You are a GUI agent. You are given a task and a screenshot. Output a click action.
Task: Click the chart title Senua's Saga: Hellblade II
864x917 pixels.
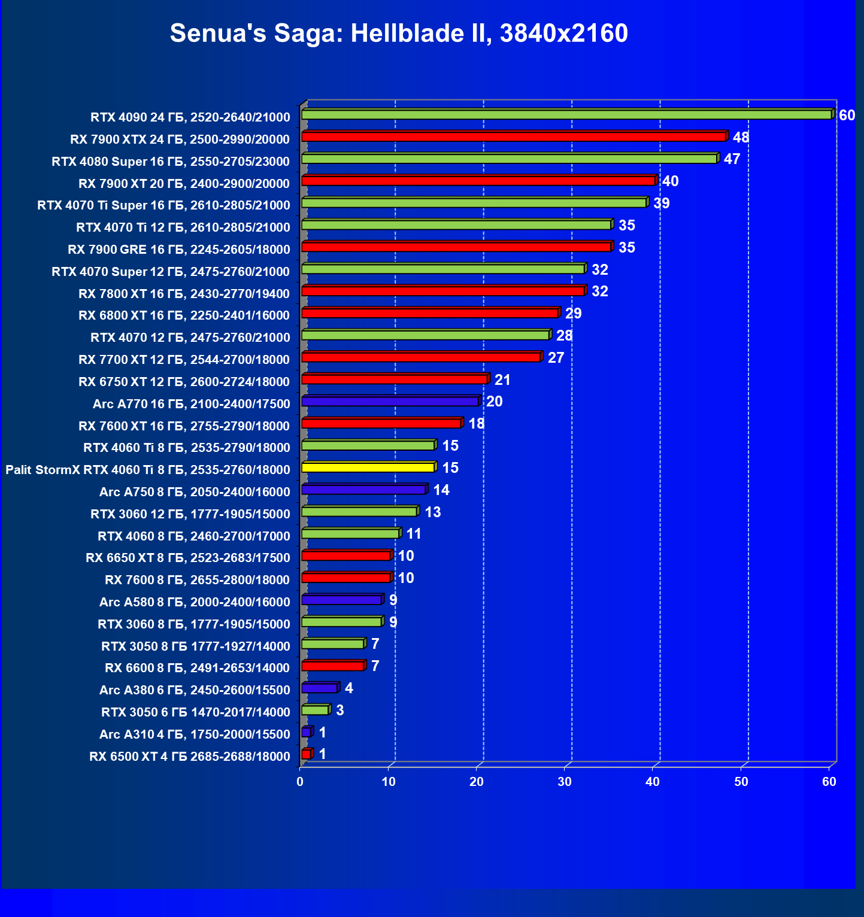[399, 34]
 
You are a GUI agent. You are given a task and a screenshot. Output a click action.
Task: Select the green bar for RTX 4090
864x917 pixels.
[566, 114]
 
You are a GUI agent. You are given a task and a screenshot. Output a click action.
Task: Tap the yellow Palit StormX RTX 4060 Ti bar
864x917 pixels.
[368, 467]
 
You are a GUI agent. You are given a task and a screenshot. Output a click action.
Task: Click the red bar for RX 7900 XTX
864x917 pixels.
[514, 137]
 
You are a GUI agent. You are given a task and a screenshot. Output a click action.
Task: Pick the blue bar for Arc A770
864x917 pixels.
[390, 402]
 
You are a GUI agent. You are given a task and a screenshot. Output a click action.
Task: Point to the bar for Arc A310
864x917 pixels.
[307, 732]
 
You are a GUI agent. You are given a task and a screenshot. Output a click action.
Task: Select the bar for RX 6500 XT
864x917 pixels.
[307, 754]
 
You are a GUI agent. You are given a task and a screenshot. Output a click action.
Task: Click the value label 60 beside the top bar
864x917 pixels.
[847, 116]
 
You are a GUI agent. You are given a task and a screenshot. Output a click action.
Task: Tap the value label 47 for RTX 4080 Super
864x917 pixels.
[732, 159]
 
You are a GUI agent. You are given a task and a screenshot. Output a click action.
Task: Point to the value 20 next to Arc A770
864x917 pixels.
[494, 402]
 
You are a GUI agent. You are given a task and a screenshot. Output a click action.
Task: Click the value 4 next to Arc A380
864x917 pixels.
[348, 688]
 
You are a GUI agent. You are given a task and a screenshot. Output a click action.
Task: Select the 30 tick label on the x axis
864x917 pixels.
[564, 782]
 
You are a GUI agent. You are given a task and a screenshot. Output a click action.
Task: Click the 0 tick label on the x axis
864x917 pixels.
[300, 782]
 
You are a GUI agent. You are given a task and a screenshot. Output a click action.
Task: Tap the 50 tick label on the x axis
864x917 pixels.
[741, 782]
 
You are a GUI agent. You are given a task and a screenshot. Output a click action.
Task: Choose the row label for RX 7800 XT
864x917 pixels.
[184, 293]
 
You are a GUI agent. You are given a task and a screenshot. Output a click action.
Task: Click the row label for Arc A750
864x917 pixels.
[195, 492]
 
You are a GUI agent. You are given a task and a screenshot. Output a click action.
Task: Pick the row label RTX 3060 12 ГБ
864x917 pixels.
[190, 514]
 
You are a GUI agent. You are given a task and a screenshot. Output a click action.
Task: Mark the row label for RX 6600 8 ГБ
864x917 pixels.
[197, 668]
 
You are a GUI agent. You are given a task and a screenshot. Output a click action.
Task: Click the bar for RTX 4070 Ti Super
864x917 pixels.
[474, 203]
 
